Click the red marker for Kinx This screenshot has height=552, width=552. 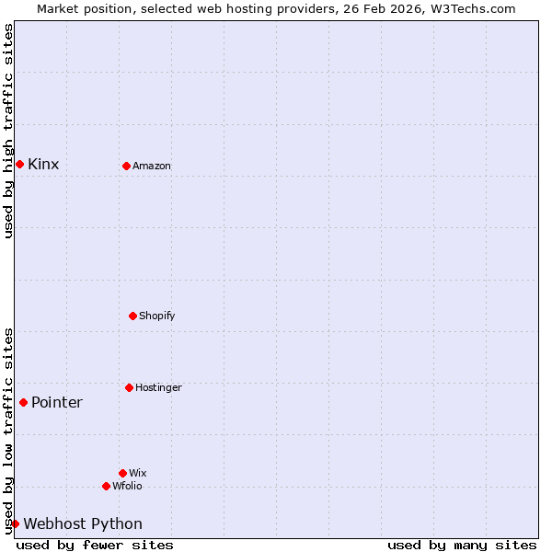point(19,164)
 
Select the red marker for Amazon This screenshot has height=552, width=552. point(126,166)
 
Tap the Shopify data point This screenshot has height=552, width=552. point(132,316)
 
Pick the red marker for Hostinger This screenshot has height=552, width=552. point(129,387)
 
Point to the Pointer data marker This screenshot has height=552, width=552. point(23,402)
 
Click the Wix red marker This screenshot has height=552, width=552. point(122,473)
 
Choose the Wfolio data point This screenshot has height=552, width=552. point(106,486)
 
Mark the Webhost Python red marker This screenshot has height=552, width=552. point(15,523)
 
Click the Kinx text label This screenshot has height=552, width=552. point(43,165)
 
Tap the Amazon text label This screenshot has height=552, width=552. point(152,167)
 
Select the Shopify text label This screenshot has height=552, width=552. point(156,316)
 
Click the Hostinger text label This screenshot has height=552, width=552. point(158,388)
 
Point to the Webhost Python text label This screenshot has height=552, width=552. point(83,524)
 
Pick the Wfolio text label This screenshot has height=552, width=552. point(127,487)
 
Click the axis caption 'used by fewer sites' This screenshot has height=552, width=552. point(95,546)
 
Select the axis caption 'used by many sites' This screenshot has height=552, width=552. point(462,546)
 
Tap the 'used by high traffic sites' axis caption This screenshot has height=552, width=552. point(8,131)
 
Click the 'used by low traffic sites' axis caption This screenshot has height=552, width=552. point(8,431)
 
